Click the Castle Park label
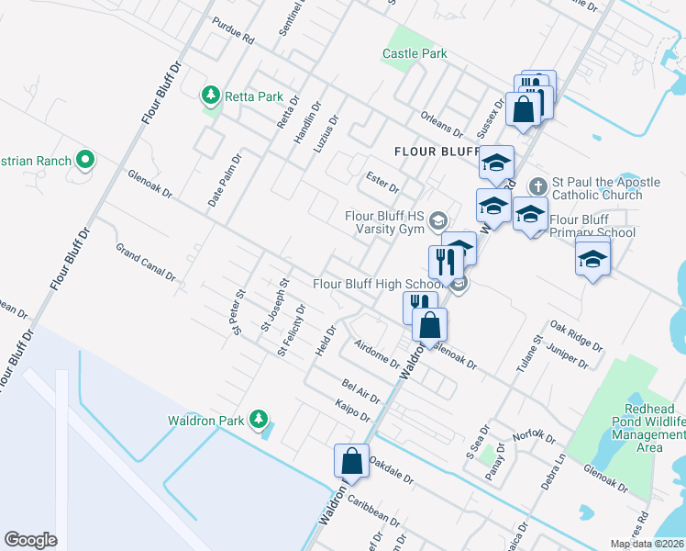pos(415,54)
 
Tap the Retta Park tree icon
pos(211,95)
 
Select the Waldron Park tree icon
pos(259,420)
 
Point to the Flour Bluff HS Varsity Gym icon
pos(438,219)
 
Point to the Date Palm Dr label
pos(224,178)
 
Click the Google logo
pos(30,539)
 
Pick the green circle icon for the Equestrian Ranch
pos(85,161)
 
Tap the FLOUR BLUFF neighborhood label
pos(437,151)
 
